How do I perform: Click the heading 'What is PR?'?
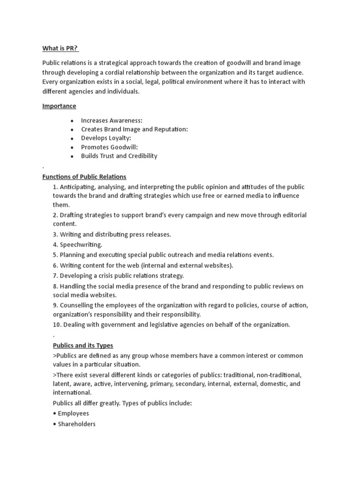pyautogui.click(x=60, y=49)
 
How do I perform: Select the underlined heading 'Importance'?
pyautogui.click(x=59, y=106)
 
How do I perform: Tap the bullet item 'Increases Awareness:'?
pyautogui.click(x=112, y=120)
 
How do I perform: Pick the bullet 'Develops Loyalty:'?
pyautogui.click(x=106, y=138)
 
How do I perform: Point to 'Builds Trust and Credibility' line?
pyautogui.click(x=119, y=156)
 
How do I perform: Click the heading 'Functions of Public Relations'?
pyautogui.click(x=84, y=177)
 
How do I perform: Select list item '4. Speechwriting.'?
pyautogui.click(x=77, y=245)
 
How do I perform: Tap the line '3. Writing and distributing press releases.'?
pyautogui.click(x=112, y=234)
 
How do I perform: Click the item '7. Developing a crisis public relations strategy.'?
pyautogui.click(x=119, y=276)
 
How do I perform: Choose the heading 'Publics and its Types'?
pyautogui.click(x=83, y=345)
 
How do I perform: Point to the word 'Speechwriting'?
pyautogui.click(x=80, y=245)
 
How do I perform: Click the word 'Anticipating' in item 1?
pyautogui.click(x=77, y=187)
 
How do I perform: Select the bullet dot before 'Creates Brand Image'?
pyautogui.click(x=72, y=130)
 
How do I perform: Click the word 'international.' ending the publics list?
pyautogui.click(x=72, y=392)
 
